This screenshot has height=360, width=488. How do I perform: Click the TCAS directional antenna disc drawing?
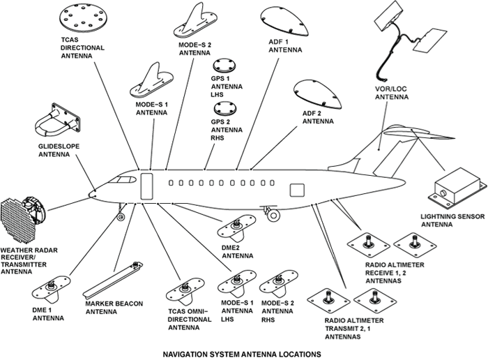(88, 17)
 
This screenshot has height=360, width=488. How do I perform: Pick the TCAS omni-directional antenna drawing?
(184, 292)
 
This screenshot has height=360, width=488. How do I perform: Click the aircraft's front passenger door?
(147, 186)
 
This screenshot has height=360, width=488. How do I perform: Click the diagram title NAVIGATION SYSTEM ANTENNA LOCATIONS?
(242, 353)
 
